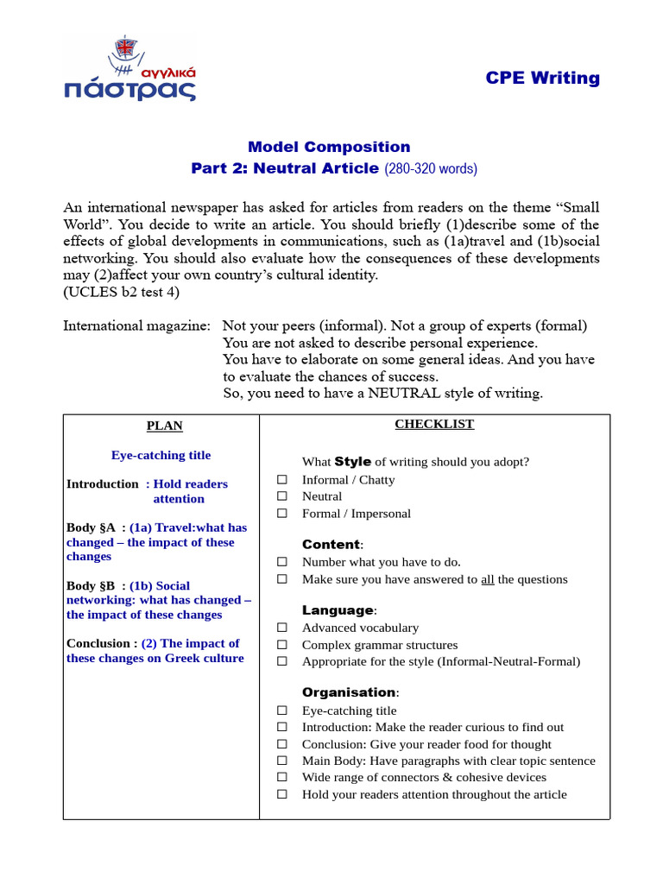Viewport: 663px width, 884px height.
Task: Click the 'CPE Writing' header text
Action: (542, 78)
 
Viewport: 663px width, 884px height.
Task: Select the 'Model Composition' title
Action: (329, 147)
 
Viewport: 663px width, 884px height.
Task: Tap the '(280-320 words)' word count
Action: (430, 168)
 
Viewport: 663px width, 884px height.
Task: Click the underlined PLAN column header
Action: (164, 426)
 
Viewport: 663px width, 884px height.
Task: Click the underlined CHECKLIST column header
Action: (434, 424)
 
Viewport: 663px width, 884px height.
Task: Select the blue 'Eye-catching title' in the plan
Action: (161, 455)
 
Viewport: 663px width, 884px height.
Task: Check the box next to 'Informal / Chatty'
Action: (281, 480)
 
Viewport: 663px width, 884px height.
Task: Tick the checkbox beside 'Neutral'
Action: (281, 496)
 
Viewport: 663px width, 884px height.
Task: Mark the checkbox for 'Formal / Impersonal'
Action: (281, 514)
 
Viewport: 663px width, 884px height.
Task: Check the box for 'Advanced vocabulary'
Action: (281, 628)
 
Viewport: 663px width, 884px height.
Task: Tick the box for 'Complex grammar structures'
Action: (281, 645)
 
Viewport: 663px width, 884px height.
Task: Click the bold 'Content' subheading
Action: (331, 545)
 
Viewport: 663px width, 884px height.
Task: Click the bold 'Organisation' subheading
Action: (348, 692)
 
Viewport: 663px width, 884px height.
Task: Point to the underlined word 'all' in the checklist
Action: (487, 579)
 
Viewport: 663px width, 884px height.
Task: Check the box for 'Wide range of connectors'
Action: (281, 778)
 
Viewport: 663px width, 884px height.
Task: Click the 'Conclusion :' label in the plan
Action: (101, 643)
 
